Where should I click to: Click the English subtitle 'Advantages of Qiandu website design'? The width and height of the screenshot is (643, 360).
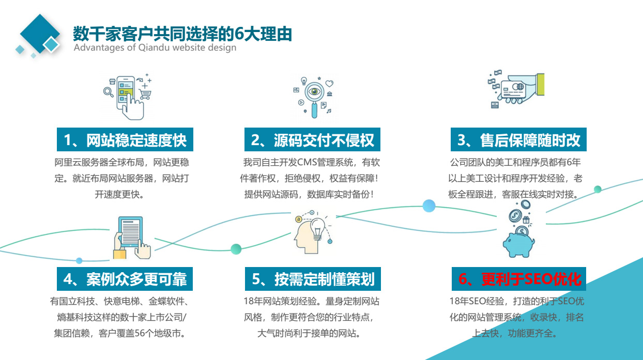tap(155, 48)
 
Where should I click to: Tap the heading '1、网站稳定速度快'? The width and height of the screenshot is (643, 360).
tap(125, 140)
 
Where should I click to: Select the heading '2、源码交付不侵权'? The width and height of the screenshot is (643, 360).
tap(312, 140)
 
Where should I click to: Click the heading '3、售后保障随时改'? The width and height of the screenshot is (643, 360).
tap(519, 140)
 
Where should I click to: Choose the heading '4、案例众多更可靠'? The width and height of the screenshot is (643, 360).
tap(125, 279)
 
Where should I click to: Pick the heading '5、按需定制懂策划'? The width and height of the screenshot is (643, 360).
tap(313, 279)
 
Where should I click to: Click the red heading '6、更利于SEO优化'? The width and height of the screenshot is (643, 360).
tap(520, 279)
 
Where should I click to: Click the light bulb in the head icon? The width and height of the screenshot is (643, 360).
tap(317, 229)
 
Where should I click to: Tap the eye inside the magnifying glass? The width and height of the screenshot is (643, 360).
tap(314, 91)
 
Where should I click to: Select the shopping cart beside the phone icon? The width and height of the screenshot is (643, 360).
tap(145, 94)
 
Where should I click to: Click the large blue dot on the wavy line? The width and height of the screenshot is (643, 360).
tap(429, 206)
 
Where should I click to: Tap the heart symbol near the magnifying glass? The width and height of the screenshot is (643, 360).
tap(329, 83)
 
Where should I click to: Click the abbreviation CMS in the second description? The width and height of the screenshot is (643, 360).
tap(307, 162)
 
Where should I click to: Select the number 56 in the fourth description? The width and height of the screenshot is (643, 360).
tap(140, 333)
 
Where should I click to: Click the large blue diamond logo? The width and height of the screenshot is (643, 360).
tap(40, 34)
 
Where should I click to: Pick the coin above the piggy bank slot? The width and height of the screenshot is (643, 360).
tap(522, 231)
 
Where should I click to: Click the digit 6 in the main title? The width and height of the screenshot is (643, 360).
tap(239, 34)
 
